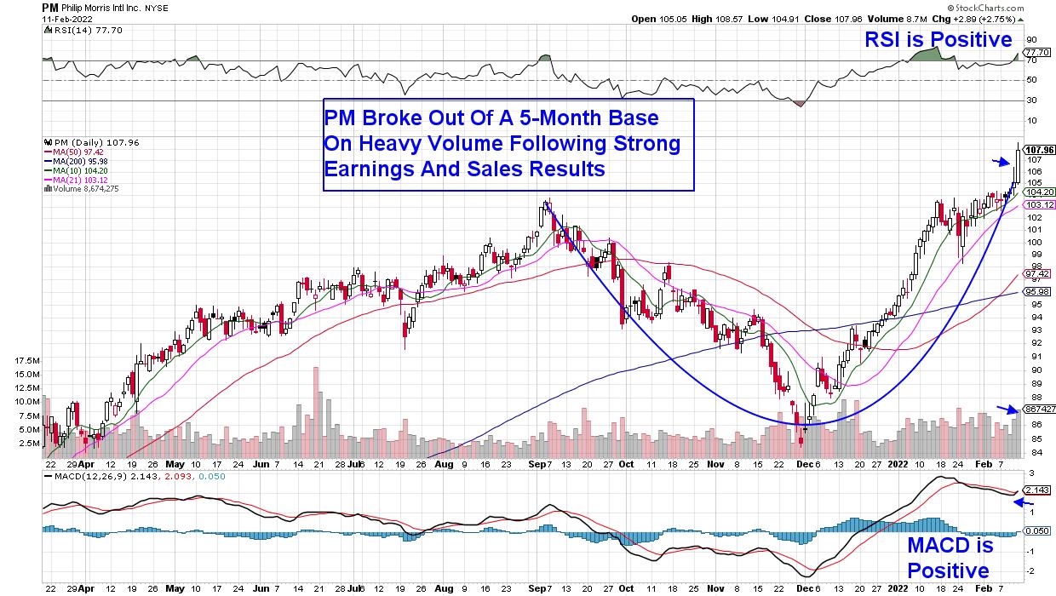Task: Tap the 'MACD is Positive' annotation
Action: click(x=948, y=558)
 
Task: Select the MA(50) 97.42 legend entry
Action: click(x=77, y=152)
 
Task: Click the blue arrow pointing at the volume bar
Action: click(x=1007, y=410)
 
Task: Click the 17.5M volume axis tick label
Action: click(x=27, y=361)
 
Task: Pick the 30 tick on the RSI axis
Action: click(x=1030, y=100)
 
